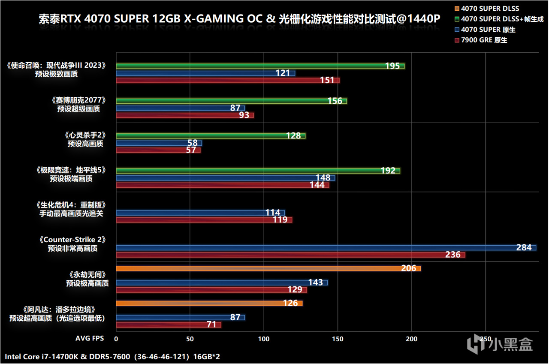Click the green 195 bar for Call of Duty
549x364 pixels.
[x=260, y=66]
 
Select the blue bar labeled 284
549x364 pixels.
[x=326, y=248]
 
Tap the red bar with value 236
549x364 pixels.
[x=290, y=255]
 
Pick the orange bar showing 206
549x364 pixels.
[x=268, y=268]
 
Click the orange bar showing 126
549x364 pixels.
[x=209, y=304]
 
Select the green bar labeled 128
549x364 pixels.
[x=210, y=136]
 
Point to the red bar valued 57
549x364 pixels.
[x=158, y=150]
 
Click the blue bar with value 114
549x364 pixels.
[x=200, y=213]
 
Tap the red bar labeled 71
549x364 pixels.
[x=168, y=325]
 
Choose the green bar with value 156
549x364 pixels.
[x=231, y=101]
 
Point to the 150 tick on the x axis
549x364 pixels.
[x=338, y=339]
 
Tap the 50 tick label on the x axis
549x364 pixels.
[x=190, y=339]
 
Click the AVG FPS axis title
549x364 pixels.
[x=89, y=339]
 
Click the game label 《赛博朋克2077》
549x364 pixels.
[x=78, y=100]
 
